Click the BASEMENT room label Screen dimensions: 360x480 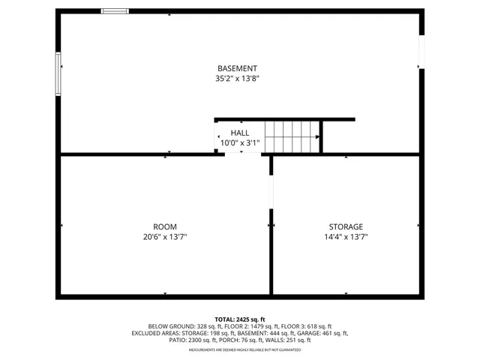coord(237,68)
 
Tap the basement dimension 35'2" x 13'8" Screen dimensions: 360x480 coord(237,78)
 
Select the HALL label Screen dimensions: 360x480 coord(240,133)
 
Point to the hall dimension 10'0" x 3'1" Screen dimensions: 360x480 coord(240,142)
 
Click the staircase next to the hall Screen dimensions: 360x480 coord(292,137)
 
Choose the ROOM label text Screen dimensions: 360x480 coord(165,226)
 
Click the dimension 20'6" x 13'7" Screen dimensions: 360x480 coord(165,237)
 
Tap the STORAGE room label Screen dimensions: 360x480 coord(346,226)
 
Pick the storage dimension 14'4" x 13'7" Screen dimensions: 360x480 coord(346,237)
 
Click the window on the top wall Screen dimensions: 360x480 coord(115,11)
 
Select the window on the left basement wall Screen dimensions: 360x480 coord(58,73)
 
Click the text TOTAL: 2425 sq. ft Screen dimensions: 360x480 coord(240,319)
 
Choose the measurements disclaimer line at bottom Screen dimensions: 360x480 coord(244,350)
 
